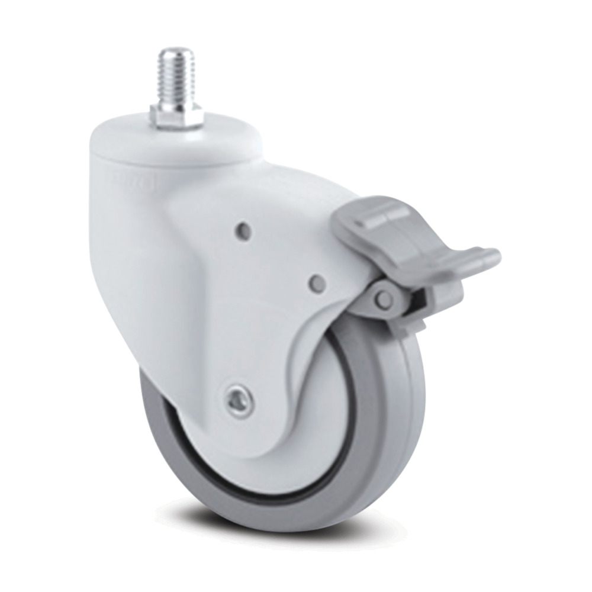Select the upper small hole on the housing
click(242, 227)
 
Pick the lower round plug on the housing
click(317, 283)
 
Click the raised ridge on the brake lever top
click(379, 213)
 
